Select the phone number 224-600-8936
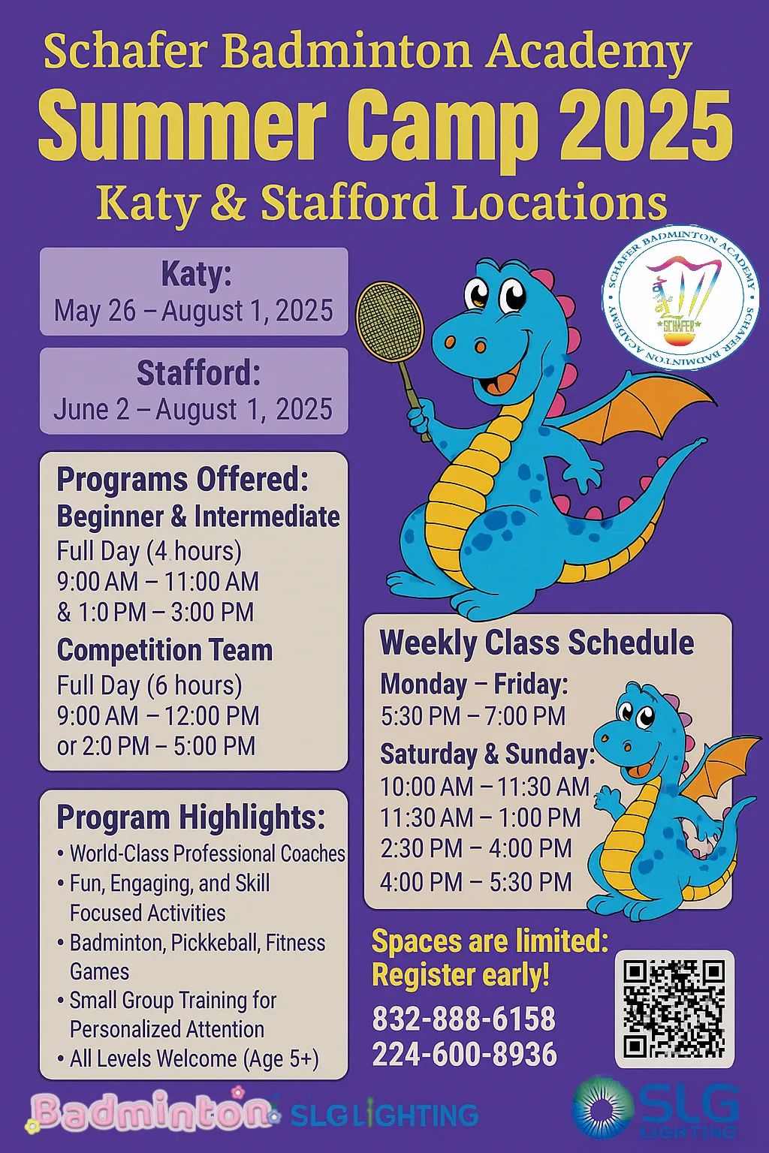click(x=465, y=1054)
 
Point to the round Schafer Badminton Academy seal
click(x=680, y=300)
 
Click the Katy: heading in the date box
click(x=196, y=275)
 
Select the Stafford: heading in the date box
click(x=198, y=374)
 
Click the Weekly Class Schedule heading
click(x=537, y=643)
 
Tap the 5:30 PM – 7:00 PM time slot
click(x=473, y=716)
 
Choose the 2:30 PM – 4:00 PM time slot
click(x=476, y=849)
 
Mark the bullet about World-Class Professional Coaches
click(x=201, y=853)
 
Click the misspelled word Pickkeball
click(x=218, y=943)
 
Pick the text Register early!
click(x=460, y=974)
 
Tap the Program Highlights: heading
click(x=191, y=817)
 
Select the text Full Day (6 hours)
click(x=149, y=686)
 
